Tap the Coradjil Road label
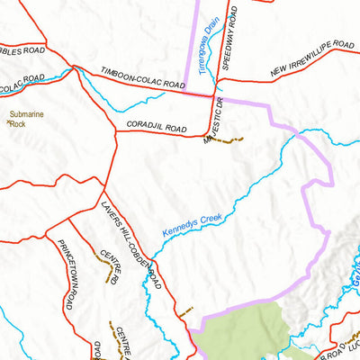tap(157, 130)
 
